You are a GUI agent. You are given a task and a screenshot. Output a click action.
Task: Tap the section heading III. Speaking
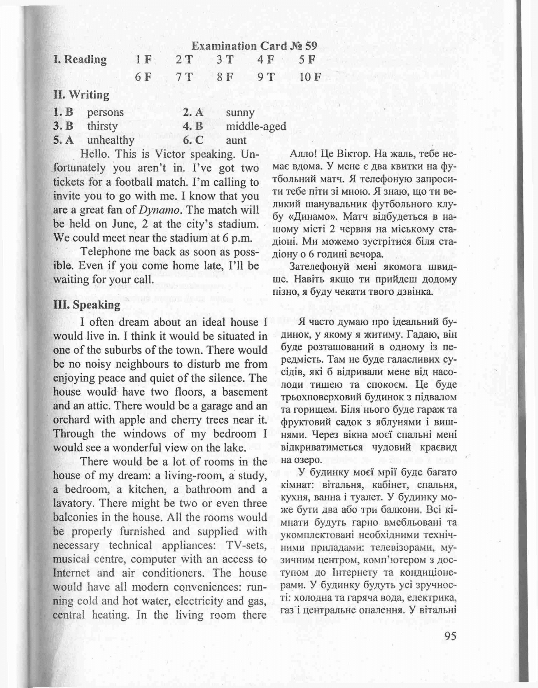click(x=87, y=305)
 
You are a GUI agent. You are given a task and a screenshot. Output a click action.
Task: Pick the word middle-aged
click(x=256, y=126)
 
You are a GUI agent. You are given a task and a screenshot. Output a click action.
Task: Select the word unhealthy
click(x=110, y=140)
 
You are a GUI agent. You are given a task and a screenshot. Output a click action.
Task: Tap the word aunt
click(x=236, y=140)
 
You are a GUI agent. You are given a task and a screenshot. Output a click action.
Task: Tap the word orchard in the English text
click(x=69, y=420)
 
